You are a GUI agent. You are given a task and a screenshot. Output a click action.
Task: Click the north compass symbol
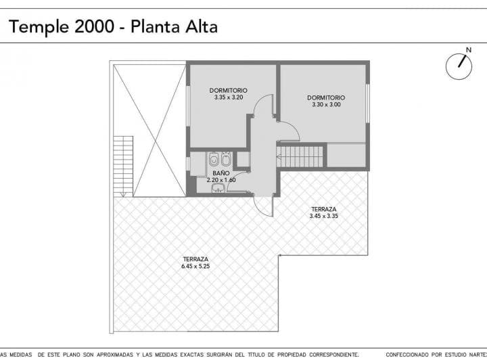[459, 66]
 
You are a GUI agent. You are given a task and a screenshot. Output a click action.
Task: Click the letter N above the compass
[469, 50]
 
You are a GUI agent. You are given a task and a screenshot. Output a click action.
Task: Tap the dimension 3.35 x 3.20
[229, 97]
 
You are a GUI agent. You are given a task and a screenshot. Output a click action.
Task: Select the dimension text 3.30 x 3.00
[326, 104]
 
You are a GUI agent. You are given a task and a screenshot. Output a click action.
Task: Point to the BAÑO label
[221, 173]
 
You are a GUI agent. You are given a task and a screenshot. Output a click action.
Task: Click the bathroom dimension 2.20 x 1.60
[221, 180]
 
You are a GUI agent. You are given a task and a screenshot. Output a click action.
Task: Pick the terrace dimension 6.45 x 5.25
[195, 266]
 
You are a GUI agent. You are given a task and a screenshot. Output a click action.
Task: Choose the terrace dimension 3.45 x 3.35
[323, 216]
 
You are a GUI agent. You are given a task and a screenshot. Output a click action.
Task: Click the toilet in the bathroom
[214, 159]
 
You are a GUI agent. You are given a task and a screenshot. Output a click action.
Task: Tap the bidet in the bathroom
[225, 159]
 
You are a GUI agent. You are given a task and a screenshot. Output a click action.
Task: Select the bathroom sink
[219, 188]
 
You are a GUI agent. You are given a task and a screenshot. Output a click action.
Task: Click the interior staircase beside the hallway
[300, 157]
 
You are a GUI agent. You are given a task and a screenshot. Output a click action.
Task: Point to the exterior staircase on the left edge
[123, 166]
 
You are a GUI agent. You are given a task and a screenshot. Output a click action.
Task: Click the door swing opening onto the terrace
[263, 206]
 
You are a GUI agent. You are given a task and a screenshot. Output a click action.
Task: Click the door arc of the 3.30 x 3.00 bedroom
[289, 130]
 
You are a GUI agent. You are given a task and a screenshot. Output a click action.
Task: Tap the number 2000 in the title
[95, 26]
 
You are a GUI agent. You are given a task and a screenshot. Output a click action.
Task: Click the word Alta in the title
[202, 26]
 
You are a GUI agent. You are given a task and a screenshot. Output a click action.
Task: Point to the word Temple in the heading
[39, 27]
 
